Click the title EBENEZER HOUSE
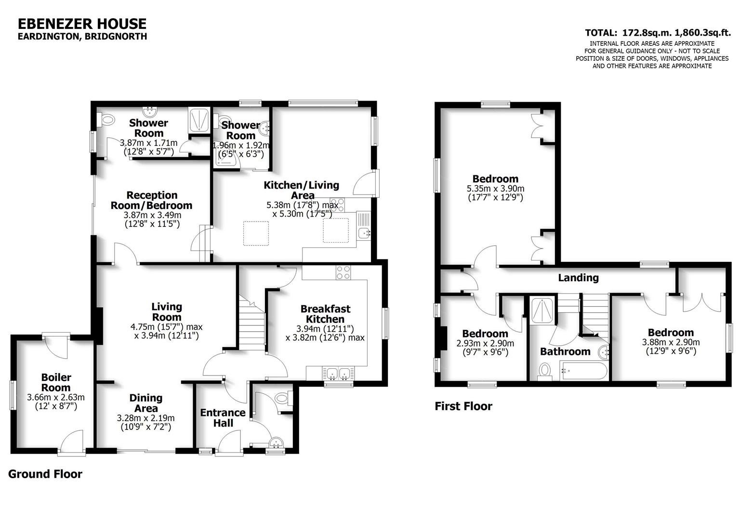(82, 24)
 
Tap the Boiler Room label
(56, 383)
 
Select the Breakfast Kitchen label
(325, 314)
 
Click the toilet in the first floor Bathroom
(545, 371)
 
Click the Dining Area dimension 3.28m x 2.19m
(146, 418)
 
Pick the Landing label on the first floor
(578, 278)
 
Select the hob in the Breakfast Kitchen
(344, 273)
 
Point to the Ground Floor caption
(45, 474)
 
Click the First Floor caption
(463, 406)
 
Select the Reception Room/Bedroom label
(152, 200)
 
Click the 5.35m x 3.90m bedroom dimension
(495, 189)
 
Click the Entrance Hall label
(223, 418)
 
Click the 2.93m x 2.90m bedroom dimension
(485, 344)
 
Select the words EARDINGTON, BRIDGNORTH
(82, 37)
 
